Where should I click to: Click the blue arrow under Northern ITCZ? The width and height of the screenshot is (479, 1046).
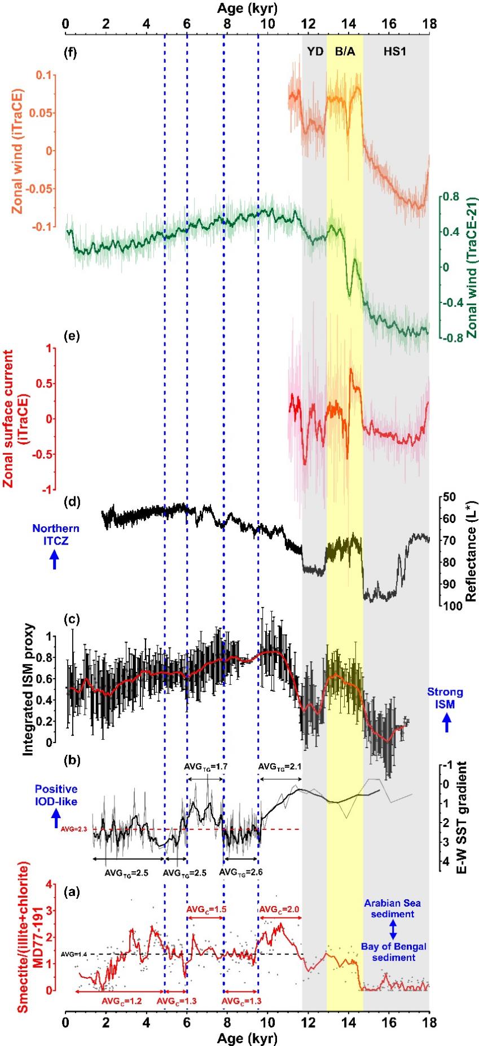[x=55, y=559]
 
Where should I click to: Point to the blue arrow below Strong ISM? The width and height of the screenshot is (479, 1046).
[x=447, y=722]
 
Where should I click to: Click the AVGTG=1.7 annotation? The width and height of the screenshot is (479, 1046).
[x=205, y=767]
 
